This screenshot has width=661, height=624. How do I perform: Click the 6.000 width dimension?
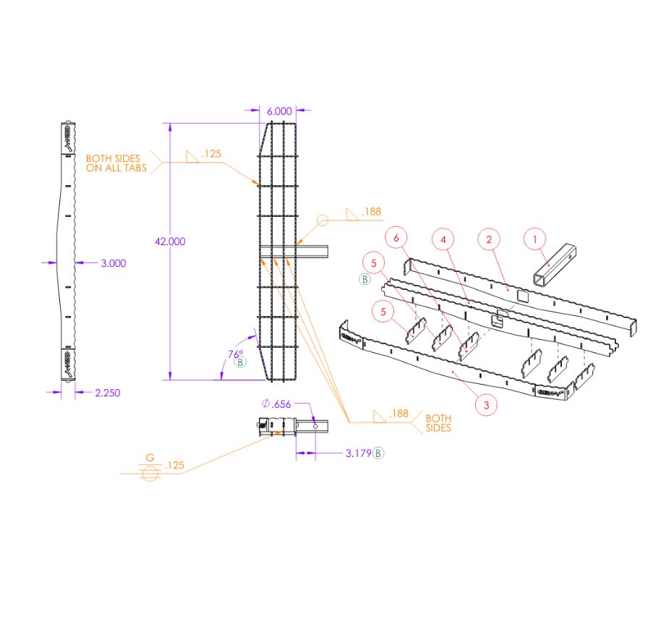click(279, 111)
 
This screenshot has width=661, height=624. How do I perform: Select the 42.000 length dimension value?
click(170, 242)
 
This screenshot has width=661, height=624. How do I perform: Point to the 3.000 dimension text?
click(113, 263)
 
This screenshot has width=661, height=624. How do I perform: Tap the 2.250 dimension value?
click(107, 393)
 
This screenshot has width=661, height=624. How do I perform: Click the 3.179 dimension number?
click(358, 453)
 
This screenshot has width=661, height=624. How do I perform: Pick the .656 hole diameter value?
click(281, 404)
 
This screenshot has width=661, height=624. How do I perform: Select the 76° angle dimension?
click(236, 354)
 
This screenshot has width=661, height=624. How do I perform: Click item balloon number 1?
click(535, 238)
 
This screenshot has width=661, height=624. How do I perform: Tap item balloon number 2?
click(489, 238)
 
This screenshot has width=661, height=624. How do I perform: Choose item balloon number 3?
click(486, 405)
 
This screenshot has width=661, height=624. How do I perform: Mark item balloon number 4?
click(443, 238)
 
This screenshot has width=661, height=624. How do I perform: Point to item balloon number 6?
click(396, 236)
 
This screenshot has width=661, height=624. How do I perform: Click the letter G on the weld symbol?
click(150, 458)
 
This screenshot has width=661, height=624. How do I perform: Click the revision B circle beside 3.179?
click(379, 453)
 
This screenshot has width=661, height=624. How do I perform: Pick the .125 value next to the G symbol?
click(174, 466)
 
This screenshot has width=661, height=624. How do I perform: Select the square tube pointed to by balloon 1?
click(555, 266)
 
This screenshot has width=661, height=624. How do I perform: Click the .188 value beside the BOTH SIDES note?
click(398, 414)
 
